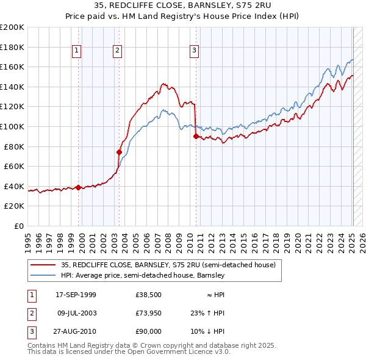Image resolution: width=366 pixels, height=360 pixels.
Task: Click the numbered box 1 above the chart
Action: point(77,51)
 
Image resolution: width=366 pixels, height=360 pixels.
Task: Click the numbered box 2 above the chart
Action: point(117,51)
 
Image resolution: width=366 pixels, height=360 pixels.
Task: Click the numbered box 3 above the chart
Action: point(194,51)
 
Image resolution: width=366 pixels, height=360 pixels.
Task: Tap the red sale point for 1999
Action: point(79,188)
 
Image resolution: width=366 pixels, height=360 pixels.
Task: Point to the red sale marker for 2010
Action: point(196,137)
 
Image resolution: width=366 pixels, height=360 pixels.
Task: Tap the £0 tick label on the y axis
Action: point(19,226)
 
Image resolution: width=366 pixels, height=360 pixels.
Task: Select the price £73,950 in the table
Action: point(148,313)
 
